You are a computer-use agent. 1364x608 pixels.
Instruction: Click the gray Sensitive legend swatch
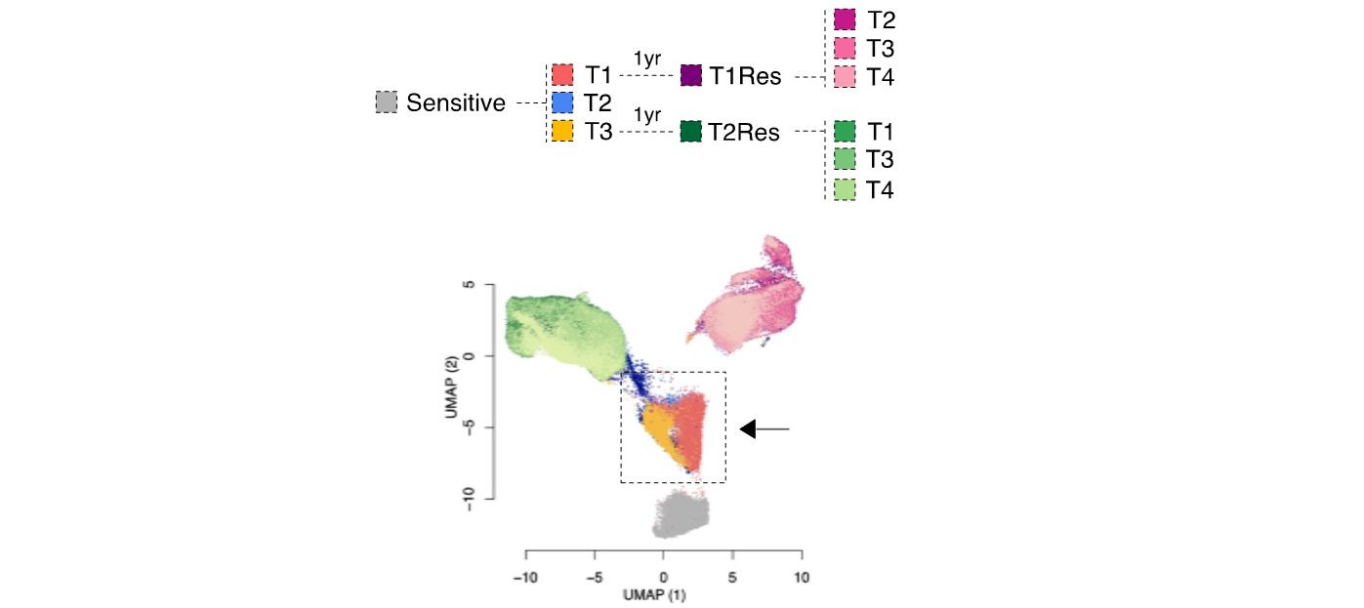[387, 102]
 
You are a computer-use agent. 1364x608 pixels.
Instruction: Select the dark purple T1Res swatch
[692, 75]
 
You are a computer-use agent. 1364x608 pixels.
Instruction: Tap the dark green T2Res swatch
[692, 131]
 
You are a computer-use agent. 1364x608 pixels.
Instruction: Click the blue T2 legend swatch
[561, 101]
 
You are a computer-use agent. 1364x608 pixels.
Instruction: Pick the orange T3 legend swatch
[561, 130]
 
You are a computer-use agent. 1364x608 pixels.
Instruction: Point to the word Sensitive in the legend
[456, 102]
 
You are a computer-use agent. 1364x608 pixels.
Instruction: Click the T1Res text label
[745, 76]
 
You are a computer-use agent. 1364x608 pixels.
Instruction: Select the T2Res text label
[745, 132]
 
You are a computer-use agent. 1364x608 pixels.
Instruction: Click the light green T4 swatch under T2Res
[846, 189]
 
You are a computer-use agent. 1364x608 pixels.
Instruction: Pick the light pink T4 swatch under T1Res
[846, 75]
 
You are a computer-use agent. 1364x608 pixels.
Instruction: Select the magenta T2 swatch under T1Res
[846, 20]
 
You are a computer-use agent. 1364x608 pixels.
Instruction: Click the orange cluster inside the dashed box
[656, 430]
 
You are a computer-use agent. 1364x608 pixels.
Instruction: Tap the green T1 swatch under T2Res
[846, 131]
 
